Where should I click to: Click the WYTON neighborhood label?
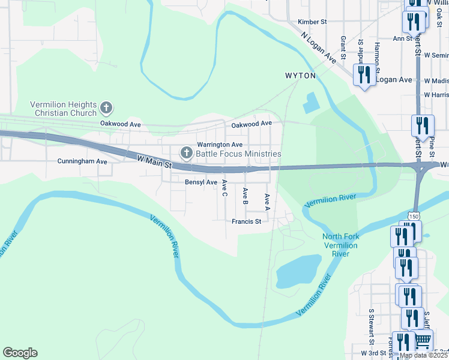click(300, 76)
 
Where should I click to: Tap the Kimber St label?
click(312, 22)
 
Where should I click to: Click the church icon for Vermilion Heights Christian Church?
click(106, 108)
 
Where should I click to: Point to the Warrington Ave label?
click(220, 145)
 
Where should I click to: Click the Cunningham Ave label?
click(82, 161)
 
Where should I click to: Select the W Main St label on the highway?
click(154, 161)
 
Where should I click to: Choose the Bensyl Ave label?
click(200, 182)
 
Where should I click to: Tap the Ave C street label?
click(225, 188)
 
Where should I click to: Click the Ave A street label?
click(267, 201)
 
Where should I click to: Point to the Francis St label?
click(246, 221)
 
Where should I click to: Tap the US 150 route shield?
click(414, 215)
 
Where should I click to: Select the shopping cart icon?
click(423, 340)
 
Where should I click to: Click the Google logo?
click(20, 353)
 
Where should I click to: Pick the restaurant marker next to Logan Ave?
click(364, 75)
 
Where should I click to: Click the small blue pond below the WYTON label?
click(311, 103)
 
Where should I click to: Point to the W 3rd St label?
click(372, 353)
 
